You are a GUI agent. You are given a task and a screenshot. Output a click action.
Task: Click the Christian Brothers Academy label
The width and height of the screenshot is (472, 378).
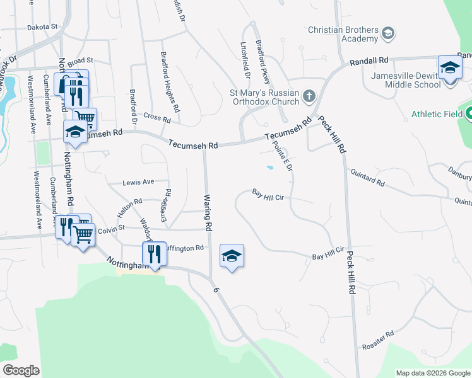coord(343,34)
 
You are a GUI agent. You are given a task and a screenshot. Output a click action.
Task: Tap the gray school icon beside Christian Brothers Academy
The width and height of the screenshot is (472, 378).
coord(389,31)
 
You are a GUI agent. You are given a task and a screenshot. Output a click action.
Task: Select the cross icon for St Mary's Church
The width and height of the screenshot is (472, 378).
coord(309,96)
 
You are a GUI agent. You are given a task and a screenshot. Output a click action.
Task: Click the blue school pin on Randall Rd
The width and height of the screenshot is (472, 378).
coord(449,66)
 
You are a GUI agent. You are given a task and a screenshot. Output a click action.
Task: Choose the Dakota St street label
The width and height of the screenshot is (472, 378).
coord(42,27)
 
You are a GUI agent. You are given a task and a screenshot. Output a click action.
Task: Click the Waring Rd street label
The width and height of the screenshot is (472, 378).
coord(206,211)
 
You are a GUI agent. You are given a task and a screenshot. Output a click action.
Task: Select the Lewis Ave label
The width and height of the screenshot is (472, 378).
coord(139,182)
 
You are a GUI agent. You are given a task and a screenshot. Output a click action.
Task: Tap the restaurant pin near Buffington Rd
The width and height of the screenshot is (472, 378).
coord(153,253)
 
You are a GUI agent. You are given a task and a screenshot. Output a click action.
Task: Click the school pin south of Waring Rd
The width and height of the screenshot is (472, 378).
coord(232,256)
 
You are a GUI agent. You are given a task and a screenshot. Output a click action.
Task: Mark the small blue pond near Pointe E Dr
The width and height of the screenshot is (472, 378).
coord(269,168)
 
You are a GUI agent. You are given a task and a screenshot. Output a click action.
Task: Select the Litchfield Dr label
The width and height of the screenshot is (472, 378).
coord(245,60)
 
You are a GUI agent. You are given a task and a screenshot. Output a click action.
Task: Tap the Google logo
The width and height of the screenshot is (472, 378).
coord(21,370)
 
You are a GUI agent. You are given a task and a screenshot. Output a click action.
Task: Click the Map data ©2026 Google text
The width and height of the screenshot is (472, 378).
coord(432,373)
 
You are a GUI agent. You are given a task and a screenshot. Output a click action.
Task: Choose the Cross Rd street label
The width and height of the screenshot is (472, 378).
coord(157,117)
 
